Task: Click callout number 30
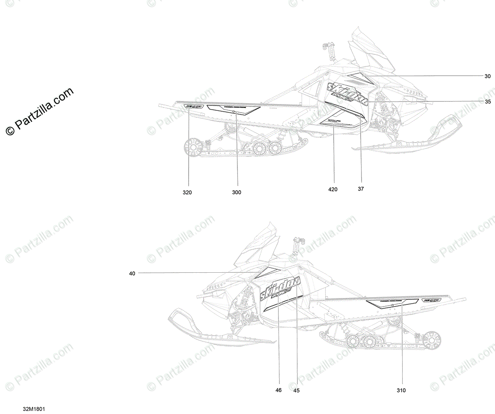point(487,77)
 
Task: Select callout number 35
point(488,102)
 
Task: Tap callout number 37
point(361,189)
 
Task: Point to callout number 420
point(332,189)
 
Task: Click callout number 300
point(237,193)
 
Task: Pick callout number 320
point(187,193)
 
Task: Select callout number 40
point(132,273)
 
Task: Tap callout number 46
point(279,390)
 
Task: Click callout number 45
point(296,390)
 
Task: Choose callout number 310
point(401,390)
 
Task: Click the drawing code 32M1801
point(34,409)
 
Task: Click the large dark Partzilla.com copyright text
point(39,112)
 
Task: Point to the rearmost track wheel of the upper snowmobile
point(193,148)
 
